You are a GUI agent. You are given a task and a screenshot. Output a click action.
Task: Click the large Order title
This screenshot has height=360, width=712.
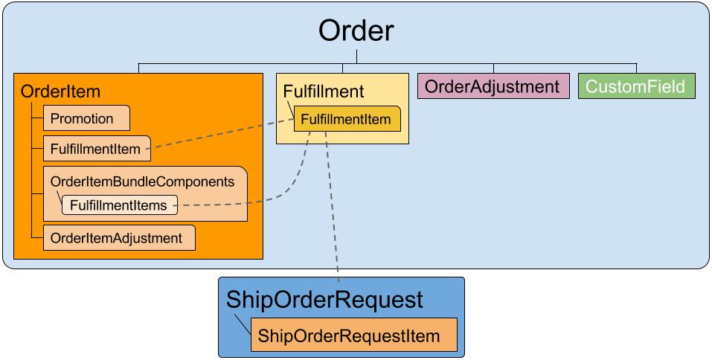[x=356, y=30]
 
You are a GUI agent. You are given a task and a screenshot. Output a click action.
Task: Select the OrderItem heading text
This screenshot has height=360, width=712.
[x=60, y=91]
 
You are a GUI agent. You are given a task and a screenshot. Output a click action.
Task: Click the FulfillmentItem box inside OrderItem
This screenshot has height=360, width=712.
[x=96, y=149]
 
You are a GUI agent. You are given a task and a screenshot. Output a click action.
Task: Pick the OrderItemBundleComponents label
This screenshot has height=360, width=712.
[x=142, y=181]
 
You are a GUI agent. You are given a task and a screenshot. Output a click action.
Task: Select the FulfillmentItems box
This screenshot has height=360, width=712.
[x=119, y=205]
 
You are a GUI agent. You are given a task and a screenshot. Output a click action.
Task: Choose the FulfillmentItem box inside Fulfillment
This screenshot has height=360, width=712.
[x=344, y=119]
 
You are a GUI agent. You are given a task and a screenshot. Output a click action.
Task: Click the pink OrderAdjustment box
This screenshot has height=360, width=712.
[x=493, y=86]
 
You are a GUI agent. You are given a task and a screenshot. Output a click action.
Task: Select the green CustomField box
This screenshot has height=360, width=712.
[x=636, y=86]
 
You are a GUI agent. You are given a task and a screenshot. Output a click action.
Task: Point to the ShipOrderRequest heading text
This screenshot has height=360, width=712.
[x=324, y=299]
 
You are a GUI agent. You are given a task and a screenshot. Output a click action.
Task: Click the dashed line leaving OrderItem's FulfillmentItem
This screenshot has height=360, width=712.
[x=223, y=135]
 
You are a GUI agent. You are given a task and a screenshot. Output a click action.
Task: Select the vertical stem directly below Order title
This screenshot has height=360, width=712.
[x=357, y=57]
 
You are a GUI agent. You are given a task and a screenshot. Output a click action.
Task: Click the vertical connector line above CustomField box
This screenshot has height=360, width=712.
[x=636, y=68]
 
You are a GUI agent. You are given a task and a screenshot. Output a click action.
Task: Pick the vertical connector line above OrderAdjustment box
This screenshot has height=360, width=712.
[x=493, y=68]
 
